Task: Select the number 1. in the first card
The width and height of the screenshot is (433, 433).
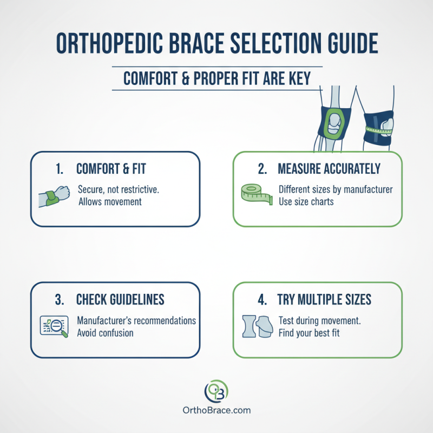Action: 61,169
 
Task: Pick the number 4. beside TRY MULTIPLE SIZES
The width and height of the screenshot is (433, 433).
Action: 262,299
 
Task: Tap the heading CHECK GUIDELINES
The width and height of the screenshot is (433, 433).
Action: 120,299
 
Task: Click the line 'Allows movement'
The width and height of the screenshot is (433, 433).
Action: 109,202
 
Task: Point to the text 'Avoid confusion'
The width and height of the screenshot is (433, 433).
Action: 105,332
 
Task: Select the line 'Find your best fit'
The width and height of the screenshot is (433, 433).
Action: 309,332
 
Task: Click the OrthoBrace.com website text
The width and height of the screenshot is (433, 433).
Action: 216,410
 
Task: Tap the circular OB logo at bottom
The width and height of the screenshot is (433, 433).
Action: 216,390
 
